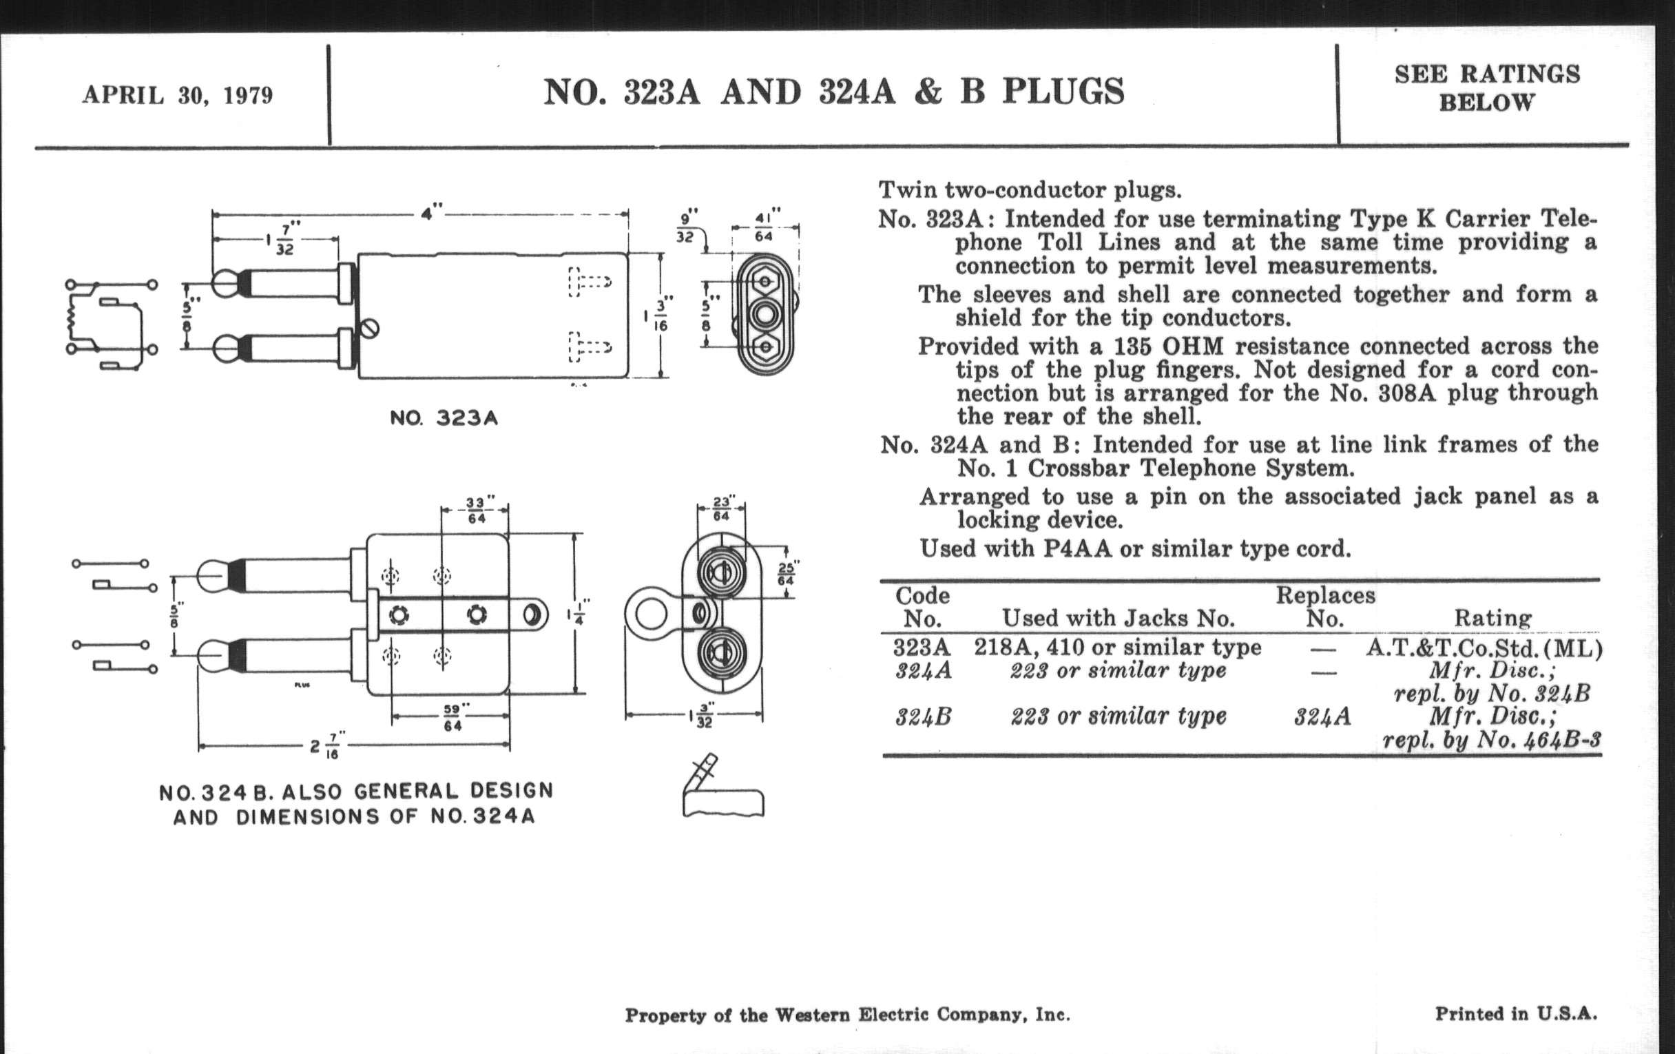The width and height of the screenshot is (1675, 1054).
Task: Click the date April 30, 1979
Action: [178, 95]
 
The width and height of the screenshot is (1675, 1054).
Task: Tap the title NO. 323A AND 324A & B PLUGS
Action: [833, 92]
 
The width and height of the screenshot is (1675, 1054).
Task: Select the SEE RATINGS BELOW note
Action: [1486, 87]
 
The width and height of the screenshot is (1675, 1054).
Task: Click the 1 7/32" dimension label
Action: [281, 238]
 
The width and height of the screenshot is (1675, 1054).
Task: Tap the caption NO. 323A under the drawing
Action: [444, 419]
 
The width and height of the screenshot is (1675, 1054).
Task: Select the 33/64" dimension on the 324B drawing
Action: [477, 510]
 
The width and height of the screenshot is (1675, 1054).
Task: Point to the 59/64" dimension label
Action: [452, 717]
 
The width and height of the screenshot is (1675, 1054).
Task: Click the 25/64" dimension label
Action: [786, 574]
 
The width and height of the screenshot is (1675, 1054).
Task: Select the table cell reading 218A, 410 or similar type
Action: [1117, 648]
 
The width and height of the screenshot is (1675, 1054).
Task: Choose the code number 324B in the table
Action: [922, 716]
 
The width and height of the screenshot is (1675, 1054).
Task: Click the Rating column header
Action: [1492, 618]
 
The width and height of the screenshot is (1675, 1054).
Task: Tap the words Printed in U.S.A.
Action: [1516, 1013]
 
